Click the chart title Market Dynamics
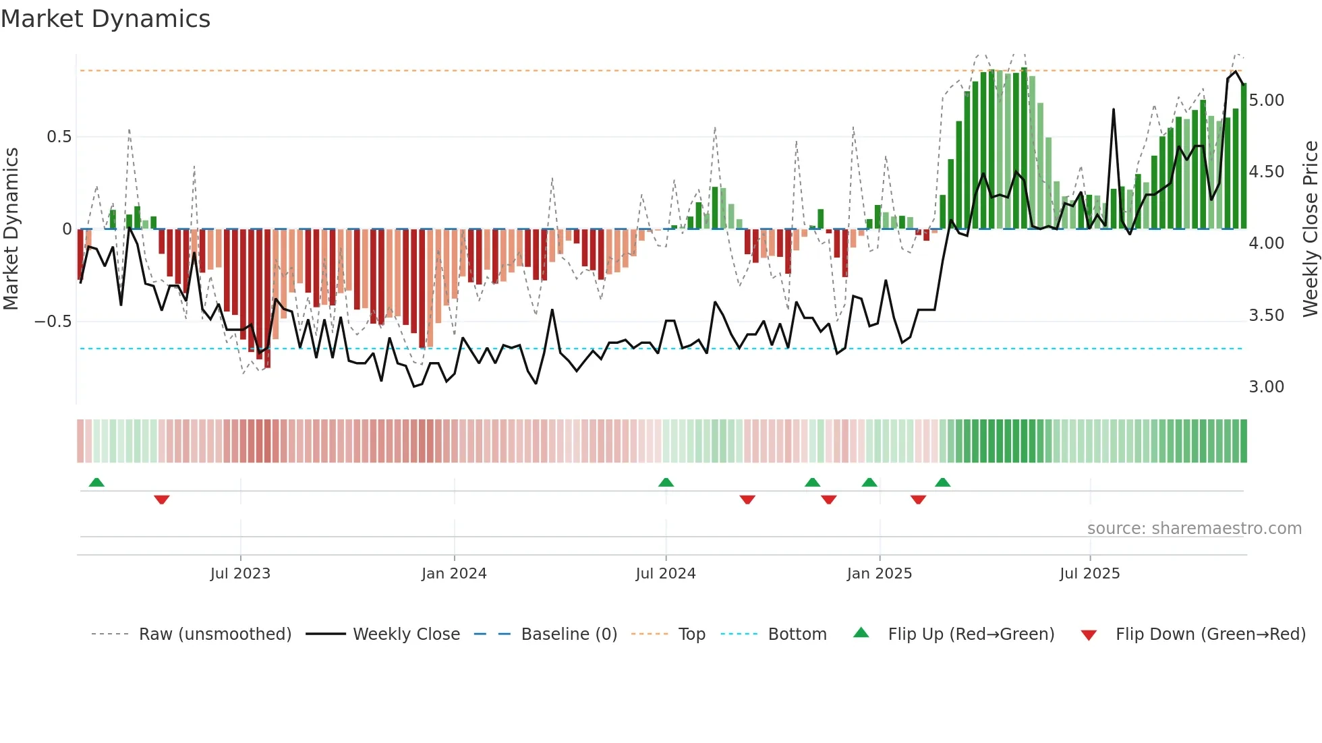[x=105, y=19]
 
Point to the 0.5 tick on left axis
[x=59, y=137]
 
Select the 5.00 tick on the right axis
[x=1266, y=100]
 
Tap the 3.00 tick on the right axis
[x=1266, y=387]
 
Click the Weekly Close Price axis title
[x=1309, y=229]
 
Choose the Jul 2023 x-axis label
[x=240, y=574]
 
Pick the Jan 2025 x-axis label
[x=879, y=574]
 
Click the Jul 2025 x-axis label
[x=1089, y=574]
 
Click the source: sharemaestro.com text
[x=1194, y=529]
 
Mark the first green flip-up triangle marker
[x=96, y=483]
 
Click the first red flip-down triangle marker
[x=161, y=500]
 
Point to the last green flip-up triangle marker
[x=942, y=483]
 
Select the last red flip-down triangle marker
[x=918, y=500]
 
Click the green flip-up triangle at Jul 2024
[x=666, y=483]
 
